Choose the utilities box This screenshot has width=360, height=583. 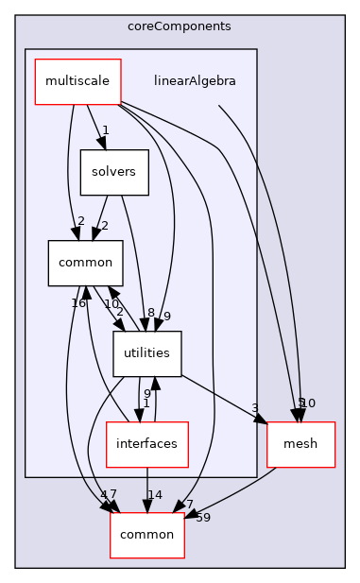(146, 353)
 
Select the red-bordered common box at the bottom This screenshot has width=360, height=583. (146, 535)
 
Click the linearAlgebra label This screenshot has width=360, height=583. (195, 81)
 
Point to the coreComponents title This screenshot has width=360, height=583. (180, 26)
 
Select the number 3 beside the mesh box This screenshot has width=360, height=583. (255, 409)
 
